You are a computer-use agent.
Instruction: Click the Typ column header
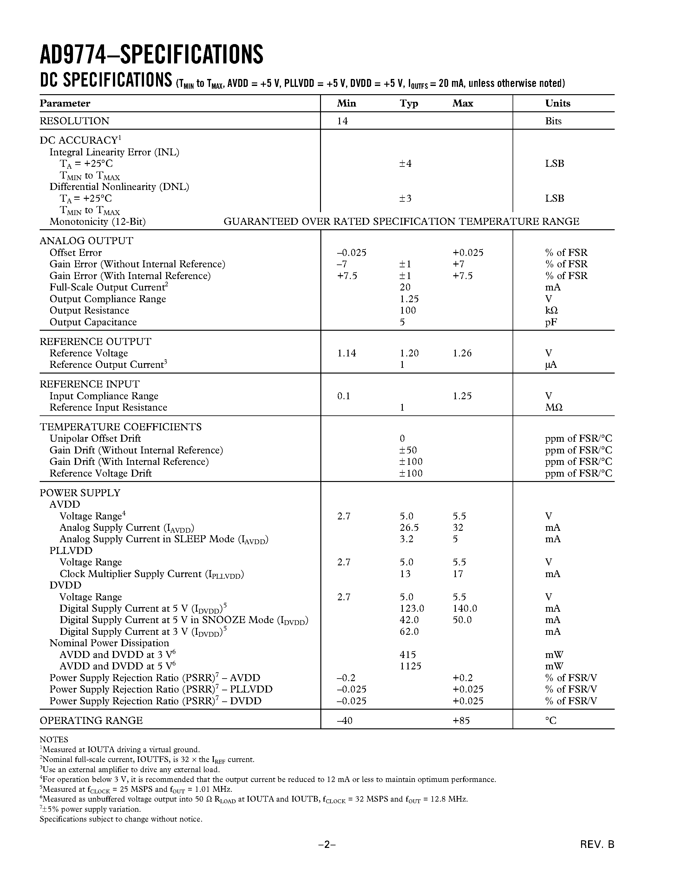(409, 103)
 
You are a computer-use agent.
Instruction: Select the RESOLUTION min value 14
(342, 121)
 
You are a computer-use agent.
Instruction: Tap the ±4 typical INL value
(405, 163)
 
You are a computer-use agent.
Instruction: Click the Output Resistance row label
(89, 311)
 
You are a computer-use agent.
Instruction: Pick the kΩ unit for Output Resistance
(551, 311)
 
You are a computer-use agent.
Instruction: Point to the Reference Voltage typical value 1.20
(409, 353)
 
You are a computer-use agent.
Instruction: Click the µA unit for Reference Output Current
(551, 365)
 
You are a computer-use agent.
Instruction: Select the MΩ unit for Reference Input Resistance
(553, 408)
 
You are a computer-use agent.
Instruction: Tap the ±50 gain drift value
(408, 450)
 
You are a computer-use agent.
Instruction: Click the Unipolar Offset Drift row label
(95, 439)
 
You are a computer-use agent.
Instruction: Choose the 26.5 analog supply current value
(409, 528)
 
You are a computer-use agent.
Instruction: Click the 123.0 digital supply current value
(411, 608)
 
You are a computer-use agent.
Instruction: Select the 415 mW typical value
(407, 655)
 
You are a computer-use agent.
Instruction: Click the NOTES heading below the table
(54, 739)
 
